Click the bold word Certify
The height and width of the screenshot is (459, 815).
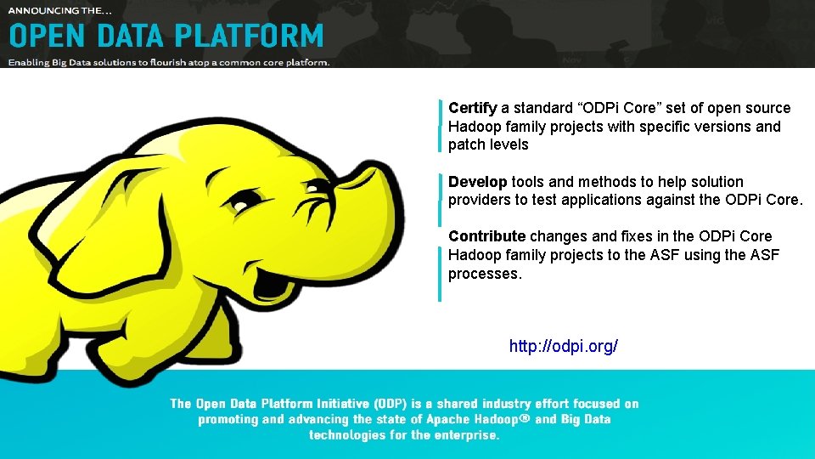coord(472,108)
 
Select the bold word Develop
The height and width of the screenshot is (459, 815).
coord(477,182)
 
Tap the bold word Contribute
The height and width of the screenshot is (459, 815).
coord(486,236)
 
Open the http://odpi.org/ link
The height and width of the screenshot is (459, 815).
coord(563,346)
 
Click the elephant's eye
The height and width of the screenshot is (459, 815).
coord(244,201)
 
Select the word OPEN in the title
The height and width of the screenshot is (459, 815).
coord(45,37)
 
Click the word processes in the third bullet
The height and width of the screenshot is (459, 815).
coord(484,274)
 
